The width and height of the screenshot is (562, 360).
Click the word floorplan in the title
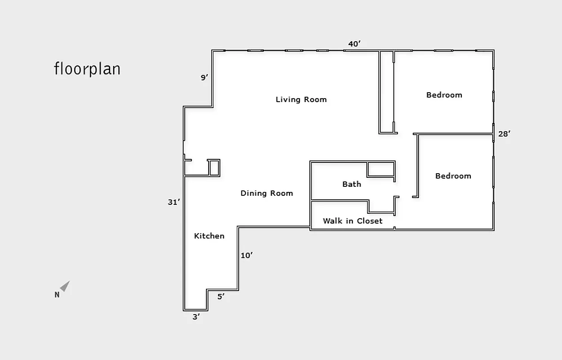87,69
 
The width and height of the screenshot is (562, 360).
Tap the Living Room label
301,99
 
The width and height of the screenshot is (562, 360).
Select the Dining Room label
267,193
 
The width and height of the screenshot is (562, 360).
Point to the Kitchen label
209,236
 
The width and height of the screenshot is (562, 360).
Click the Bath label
352,184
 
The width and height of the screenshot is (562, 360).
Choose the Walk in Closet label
352,221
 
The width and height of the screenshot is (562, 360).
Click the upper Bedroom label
444,95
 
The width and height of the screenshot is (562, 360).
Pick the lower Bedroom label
453,176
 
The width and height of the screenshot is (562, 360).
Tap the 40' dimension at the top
354,44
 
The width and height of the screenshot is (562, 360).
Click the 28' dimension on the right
504,134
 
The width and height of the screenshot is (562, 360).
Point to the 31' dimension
174,202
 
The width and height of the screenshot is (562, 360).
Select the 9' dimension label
205,78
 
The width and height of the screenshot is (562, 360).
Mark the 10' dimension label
247,256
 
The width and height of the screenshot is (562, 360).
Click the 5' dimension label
221,297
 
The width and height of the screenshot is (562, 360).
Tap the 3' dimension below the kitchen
196,317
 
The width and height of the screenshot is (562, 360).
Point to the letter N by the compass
57,295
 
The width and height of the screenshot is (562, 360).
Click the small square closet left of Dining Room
214,167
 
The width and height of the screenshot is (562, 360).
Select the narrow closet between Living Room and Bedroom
386,92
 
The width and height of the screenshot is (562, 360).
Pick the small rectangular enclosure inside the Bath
380,169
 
